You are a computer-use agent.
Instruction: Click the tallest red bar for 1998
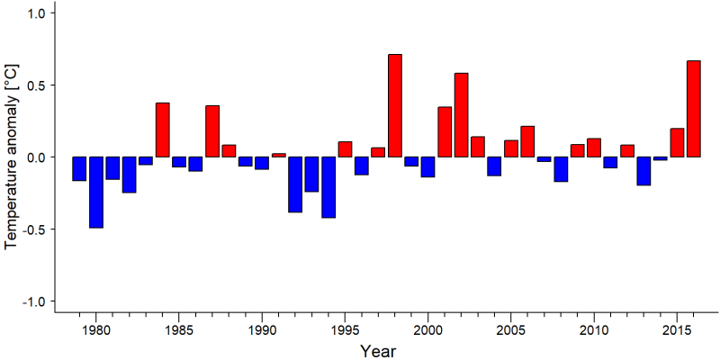point(395,105)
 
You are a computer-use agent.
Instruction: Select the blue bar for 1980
point(96,193)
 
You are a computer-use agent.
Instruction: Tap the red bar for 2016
point(694,109)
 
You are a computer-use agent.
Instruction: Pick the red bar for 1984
point(163,130)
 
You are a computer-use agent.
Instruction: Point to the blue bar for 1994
point(328,187)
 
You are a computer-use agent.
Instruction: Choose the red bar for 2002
point(462,115)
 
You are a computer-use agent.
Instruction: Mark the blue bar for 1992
point(295,184)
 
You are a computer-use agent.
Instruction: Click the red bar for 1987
point(212,131)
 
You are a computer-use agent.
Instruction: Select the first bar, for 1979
point(79,168)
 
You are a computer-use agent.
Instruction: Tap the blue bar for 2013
point(643,171)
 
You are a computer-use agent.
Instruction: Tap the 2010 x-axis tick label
point(594,330)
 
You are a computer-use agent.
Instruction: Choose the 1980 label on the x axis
point(96,330)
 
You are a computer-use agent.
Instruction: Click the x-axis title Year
point(377,351)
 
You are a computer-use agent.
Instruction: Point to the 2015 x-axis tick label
point(677,330)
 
